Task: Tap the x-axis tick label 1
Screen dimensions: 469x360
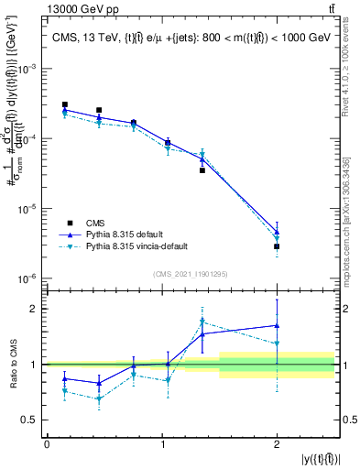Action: tap(161, 443)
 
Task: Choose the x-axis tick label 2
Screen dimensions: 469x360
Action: tap(277, 443)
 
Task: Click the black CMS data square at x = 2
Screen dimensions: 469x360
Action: tap(277, 246)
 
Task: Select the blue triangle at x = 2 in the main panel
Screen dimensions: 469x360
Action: tap(277, 232)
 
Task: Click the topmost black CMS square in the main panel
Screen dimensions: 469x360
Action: tap(64, 104)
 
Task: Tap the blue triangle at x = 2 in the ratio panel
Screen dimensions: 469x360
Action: tap(277, 325)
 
